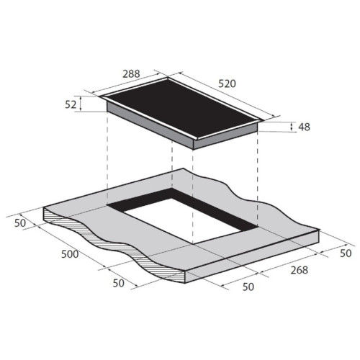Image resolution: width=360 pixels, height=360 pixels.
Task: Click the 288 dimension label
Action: pyautogui.click(x=131, y=74)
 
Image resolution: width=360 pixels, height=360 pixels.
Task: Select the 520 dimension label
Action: pyautogui.click(x=227, y=84)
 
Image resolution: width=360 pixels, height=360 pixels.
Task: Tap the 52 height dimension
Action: pyautogui.click(x=71, y=104)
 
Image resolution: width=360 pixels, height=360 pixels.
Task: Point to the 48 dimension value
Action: pyautogui.click(x=304, y=127)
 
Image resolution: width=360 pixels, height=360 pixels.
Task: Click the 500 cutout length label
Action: pyautogui.click(x=70, y=254)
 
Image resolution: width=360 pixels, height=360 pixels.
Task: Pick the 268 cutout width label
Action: pyautogui.click(x=299, y=270)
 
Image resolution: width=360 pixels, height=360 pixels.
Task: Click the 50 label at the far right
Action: pyautogui.click(x=346, y=253)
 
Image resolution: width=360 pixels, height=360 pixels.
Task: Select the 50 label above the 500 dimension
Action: pyautogui.click(x=20, y=223)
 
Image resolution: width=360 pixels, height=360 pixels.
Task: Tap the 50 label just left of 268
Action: pyautogui.click(x=248, y=287)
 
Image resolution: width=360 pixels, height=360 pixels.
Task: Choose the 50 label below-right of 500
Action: pyautogui.click(x=119, y=284)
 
